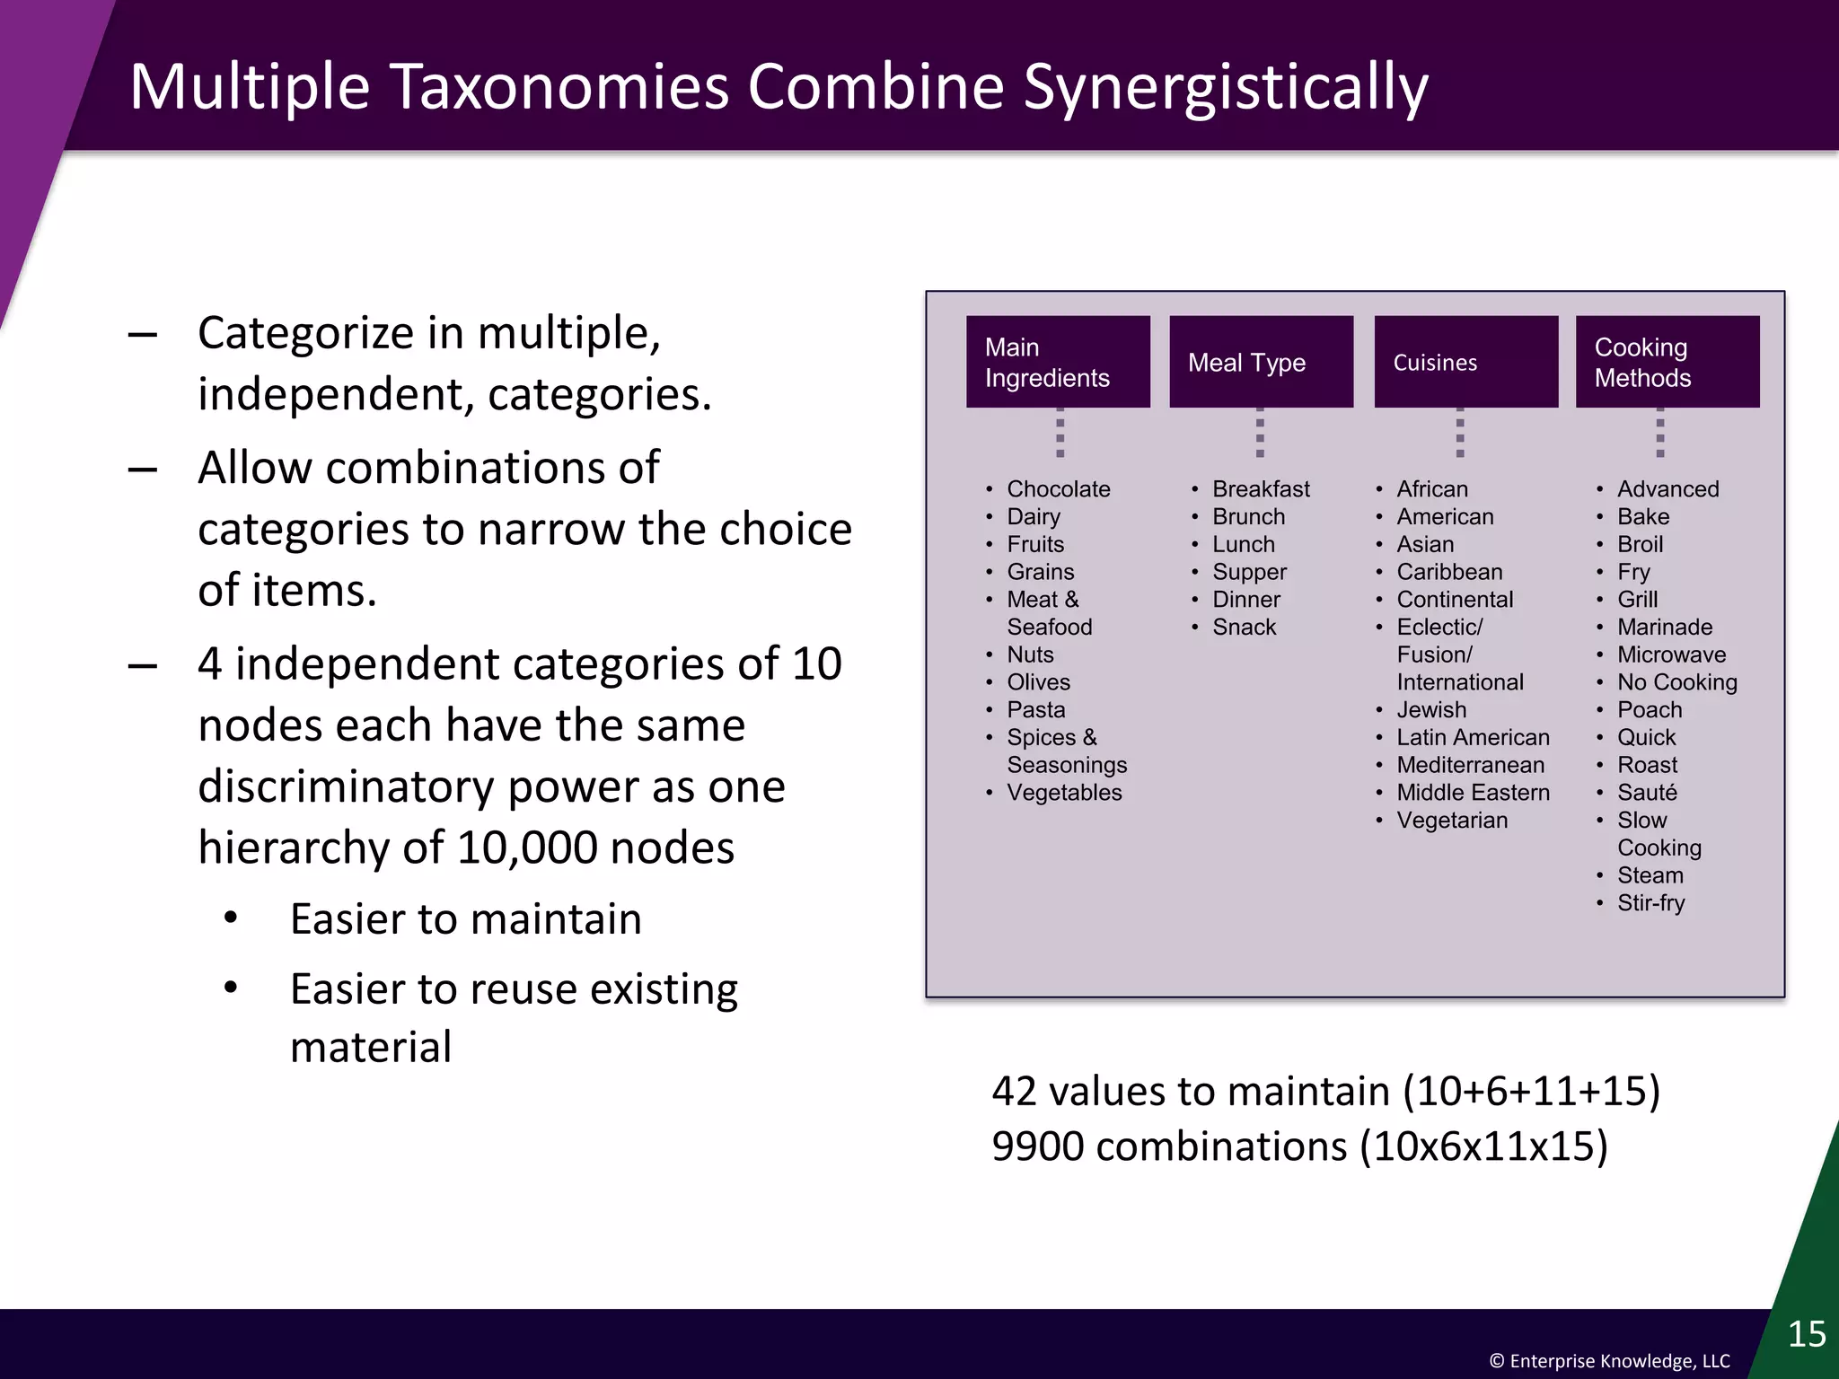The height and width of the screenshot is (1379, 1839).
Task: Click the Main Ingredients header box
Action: tap(1058, 362)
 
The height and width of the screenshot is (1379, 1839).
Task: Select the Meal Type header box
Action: tap(1261, 362)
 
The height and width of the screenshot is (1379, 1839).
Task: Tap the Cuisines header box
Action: tap(1465, 362)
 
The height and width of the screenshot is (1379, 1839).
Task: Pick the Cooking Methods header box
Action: tap(1667, 362)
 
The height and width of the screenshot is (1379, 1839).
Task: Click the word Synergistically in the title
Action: tap(1225, 88)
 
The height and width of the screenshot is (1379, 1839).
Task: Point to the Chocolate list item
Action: tap(1058, 489)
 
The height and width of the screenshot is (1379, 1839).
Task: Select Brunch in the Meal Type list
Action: tap(1248, 517)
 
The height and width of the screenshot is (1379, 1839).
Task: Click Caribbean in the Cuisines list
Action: tap(1449, 572)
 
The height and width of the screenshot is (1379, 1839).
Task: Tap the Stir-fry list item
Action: tap(1650, 903)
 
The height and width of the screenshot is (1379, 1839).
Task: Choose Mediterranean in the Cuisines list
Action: tap(1470, 765)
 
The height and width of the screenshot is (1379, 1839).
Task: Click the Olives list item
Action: tap(1038, 682)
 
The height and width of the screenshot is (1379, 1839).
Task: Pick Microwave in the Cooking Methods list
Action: tap(1671, 654)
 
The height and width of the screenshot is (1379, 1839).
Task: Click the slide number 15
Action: tap(1806, 1334)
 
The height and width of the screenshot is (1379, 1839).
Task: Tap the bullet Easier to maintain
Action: tap(465, 919)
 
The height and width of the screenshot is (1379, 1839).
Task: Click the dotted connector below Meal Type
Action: tap(1260, 433)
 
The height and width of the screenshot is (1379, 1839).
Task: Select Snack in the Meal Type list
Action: tap(1244, 628)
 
